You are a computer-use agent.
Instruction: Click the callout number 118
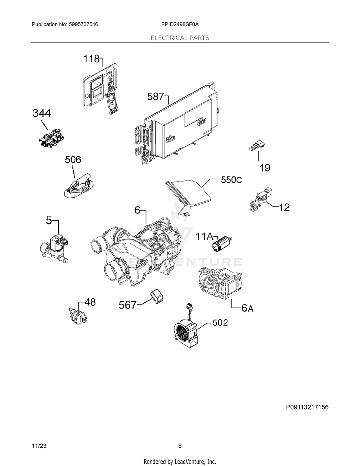coord(91,59)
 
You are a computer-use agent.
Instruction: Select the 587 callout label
coord(156,97)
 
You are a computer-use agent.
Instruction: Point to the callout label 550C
coord(231,180)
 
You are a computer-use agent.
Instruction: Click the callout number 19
coord(265,167)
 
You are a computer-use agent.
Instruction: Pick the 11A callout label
coord(204,236)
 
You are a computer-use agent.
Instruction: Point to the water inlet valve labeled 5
coord(55,247)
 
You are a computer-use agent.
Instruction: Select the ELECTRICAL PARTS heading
coord(180,37)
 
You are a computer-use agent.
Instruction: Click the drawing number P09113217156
coord(307,407)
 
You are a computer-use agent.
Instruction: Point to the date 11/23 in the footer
coord(39,446)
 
